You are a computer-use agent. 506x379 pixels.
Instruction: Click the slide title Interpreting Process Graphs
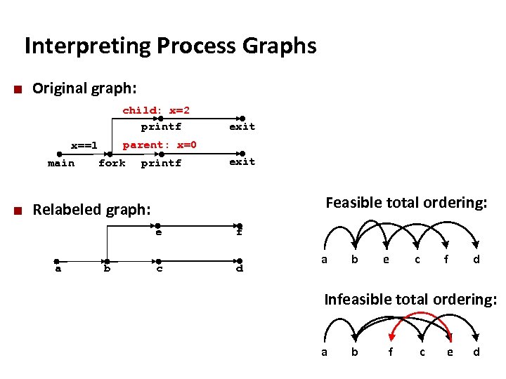click(170, 46)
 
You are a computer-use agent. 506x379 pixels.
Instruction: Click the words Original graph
click(84, 88)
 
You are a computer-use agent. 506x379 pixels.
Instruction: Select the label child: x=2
click(156, 110)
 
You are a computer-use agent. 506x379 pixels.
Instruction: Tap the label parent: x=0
click(160, 145)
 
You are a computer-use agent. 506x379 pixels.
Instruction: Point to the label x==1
click(84, 146)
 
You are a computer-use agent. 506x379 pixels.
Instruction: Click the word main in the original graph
click(61, 164)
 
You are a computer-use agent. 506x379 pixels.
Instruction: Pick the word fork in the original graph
click(112, 164)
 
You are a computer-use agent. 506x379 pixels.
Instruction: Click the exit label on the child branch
click(242, 127)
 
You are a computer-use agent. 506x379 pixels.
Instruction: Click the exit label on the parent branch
click(242, 162)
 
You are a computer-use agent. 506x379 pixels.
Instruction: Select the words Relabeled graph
click(91, 209)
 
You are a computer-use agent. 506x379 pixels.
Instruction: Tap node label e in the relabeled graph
click(159, 232)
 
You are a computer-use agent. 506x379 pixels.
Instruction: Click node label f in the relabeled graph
click(239, 232)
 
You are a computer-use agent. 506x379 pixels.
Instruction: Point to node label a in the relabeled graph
click(58, 268)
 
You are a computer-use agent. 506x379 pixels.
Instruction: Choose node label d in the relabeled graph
click(240, 268)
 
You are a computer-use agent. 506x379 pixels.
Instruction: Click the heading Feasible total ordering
click(406, 203)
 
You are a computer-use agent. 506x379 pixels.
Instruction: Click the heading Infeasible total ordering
click(410, 300)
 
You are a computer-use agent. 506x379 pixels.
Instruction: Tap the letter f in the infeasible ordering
click(391, 352)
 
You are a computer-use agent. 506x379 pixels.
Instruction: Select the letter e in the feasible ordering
click(385, 259)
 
